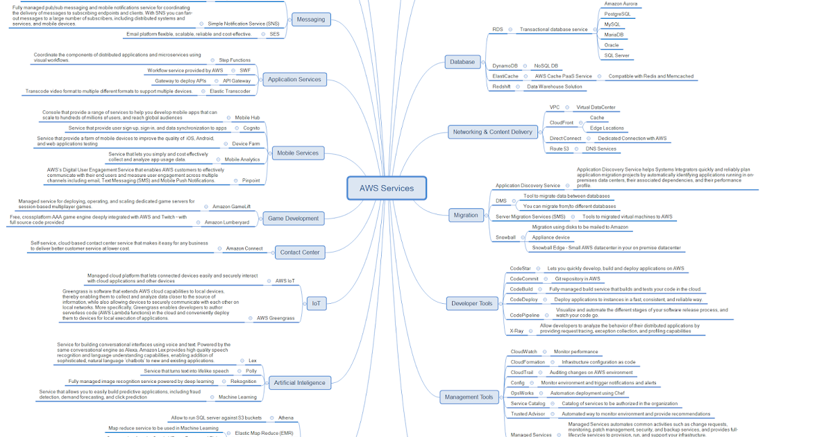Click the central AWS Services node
pos(387,188)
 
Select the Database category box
pos(462,62)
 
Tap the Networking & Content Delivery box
pos(492,132)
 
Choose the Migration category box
pos(466,215)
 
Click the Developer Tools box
pos(471,303)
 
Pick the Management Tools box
pos(470,397)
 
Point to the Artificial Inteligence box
pos(299,382)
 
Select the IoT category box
pos(315,303)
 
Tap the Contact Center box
pos(300,252)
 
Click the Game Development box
pos(293,218)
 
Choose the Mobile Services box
pos(297,153)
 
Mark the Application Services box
pos(294,80)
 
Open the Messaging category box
pos(310,19)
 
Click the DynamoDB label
pos(505,66)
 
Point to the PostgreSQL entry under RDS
pos(617,14)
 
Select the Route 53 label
pos(560,148)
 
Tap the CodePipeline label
pos(525,315)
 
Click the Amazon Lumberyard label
pos(226,223)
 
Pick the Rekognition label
pos(244,382)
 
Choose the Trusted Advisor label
pos(529,414)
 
